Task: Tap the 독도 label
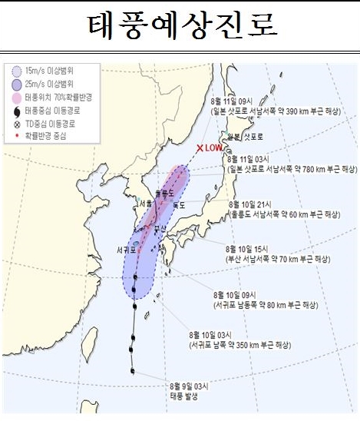pos(180,205)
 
